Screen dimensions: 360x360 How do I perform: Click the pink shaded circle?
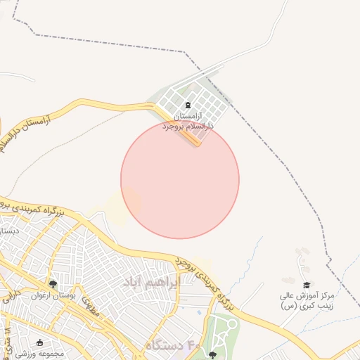point(180,179)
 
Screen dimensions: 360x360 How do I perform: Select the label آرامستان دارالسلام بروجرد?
point(186,120)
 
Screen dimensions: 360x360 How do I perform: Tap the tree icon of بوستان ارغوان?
point(52,285)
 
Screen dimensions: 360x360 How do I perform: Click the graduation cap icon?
point(306,285)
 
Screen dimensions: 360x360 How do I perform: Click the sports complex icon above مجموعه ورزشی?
point(39,342)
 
